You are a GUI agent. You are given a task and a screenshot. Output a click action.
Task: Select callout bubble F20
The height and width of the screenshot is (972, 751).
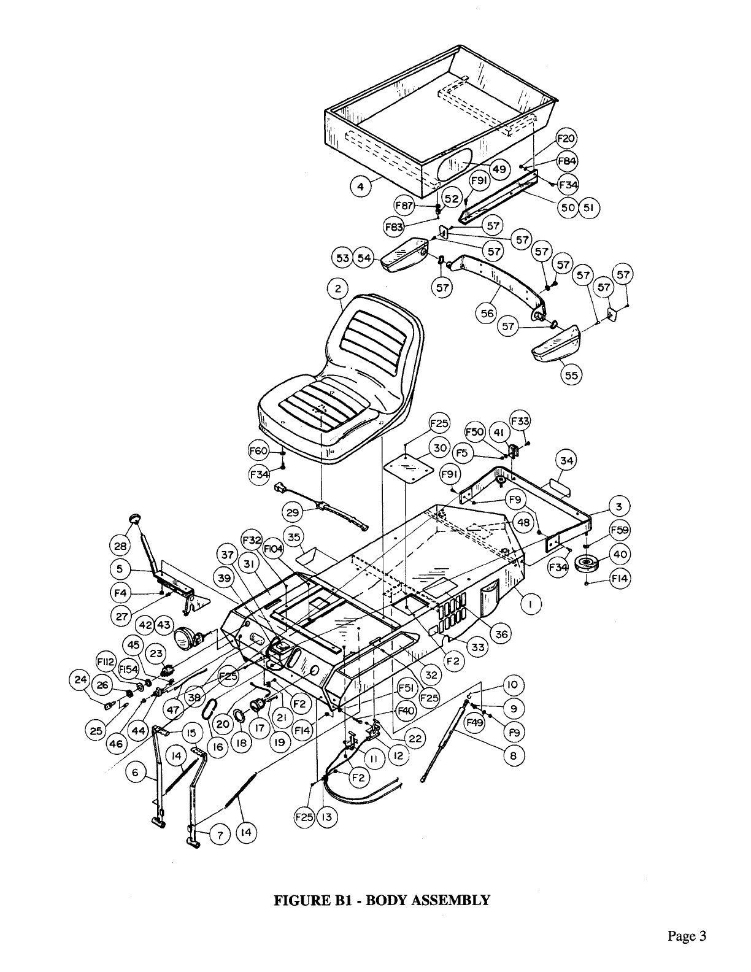pyautogui.click(x=566, y=138)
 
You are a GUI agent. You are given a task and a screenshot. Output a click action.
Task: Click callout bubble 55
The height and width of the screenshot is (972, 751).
pyautogui.click(x=571, y=375)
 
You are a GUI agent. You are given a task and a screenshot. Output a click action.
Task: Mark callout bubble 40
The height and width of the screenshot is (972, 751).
pyautogui.click(x=620, y=554)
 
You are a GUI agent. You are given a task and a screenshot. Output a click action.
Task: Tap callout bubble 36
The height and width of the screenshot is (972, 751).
pyautogui.click(x=502, y=633)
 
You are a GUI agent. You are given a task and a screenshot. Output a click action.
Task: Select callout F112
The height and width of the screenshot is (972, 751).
pyautogui.click(x=108, y=664)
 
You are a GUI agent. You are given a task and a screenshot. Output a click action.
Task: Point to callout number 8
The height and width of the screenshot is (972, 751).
pyautogui.click(x=514, y=755)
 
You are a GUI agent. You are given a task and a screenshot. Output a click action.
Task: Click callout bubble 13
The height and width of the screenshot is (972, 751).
pyautogui.click(x=327, y=817)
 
